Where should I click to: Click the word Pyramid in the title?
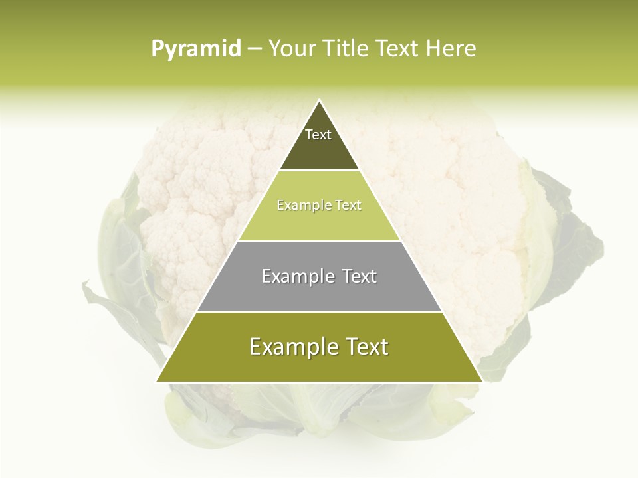pyautogui.click(x=196, y=49)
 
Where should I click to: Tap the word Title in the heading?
pyautogui.click(x=347, y=49)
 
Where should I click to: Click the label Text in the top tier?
pyautogui.click(x=318, y=135)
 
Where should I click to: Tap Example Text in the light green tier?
pyautogui.click(x=319, y=206)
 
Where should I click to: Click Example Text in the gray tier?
pyautogui.click(x=319, y=276)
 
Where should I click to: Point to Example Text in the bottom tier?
pyautogui.click(x=319, y=347)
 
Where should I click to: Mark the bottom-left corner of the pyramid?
pyautogui.click(x=158, y=381)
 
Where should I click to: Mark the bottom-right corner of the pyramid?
pyautogui.click(x=481, y=381)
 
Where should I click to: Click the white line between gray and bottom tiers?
pyautogui.click(x=319, y=311)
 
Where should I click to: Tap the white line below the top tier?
pyautogui.click(x=319, y=171)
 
